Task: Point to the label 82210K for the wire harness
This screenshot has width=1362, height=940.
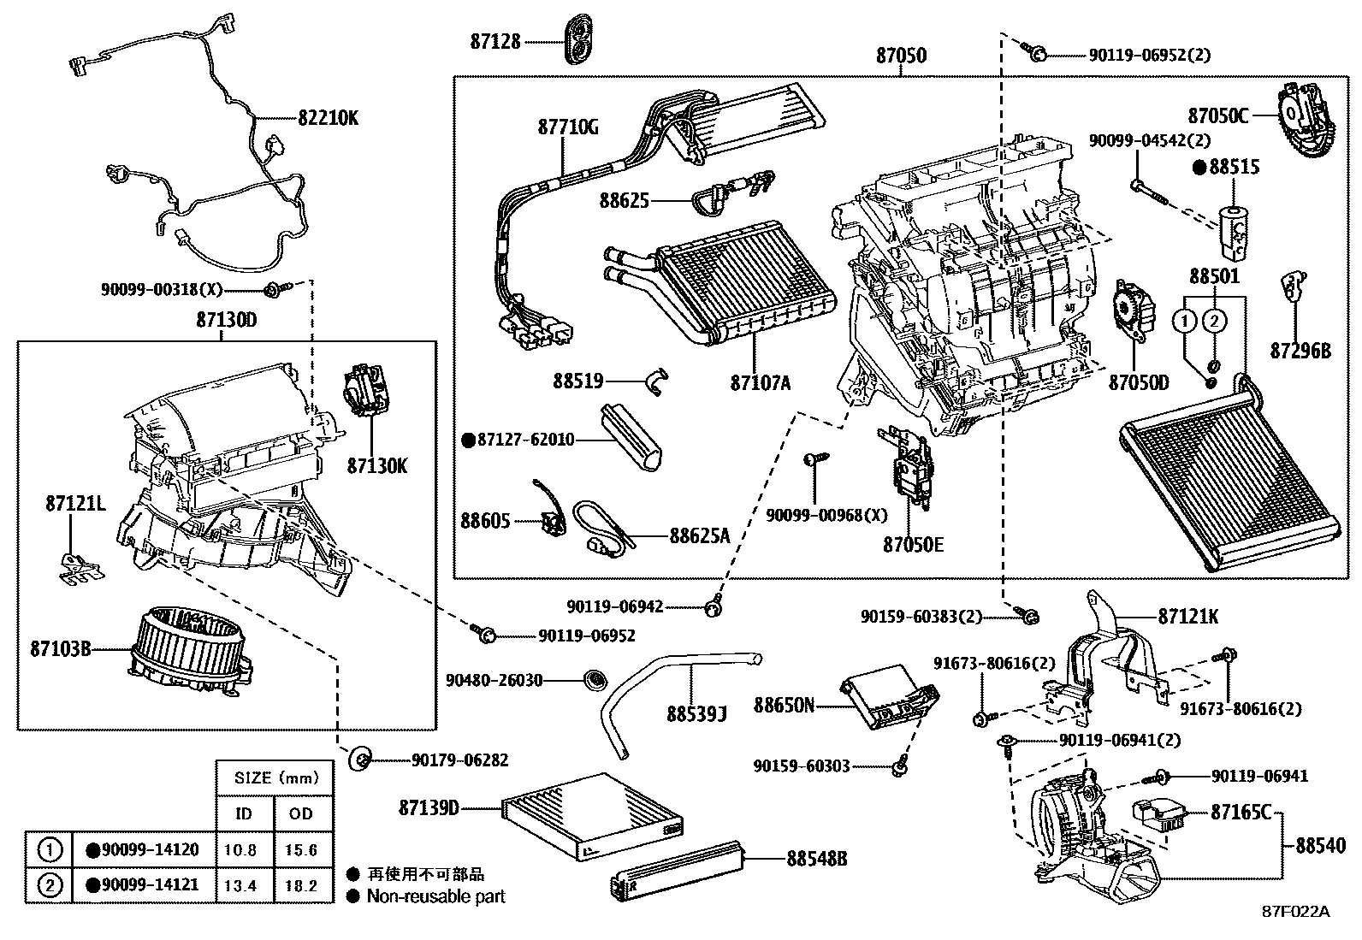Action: pyautogui.click(x=329, y=118)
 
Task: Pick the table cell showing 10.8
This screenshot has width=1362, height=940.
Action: pyautogui.click(x=244, y=850)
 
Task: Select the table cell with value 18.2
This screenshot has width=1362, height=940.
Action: pyautogui.click(x=301, y=885)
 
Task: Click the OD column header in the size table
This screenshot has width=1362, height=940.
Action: pyautogui.click(x=301, y=813)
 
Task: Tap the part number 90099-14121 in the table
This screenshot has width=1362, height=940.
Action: pyautogui.click(x=150, y=885)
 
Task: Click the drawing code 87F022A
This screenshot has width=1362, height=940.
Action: pyautogui.click(x=1296, y=911)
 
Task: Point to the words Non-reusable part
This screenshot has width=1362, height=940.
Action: pyautogui.click(x=435, y=896)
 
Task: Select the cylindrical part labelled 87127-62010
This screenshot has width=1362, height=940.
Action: pyautogui.click(x=632, y=436)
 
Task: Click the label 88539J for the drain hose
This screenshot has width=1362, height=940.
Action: pyautogui.click(x=696, y=712)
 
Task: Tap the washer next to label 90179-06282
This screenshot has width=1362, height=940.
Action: pyautogui.click(x=360, y=758)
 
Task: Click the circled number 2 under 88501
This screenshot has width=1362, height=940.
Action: pyautogui.click(x=1213, y=322)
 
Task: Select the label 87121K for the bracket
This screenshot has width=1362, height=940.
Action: pyautogui.click(x=1188, y=616)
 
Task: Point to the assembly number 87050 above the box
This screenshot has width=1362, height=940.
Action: pyautogui.click(x=900, y=56)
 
